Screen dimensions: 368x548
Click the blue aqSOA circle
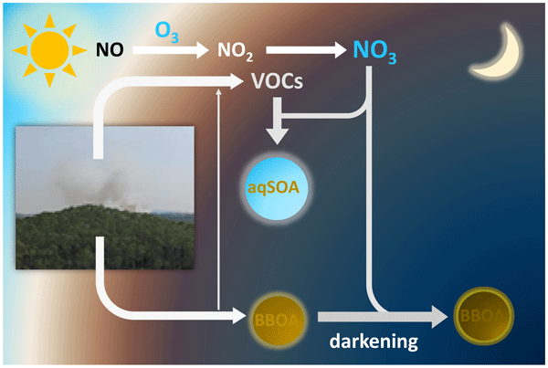pyautogui.click(x=278, y=187)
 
